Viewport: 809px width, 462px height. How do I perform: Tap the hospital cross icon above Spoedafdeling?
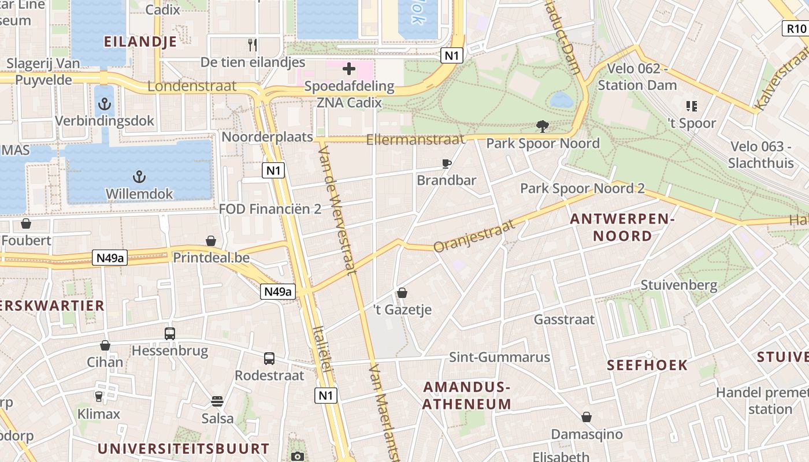point(349,69)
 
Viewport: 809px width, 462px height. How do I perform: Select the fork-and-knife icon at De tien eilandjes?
point(253,44)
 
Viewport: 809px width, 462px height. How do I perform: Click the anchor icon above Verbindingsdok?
point(105,104)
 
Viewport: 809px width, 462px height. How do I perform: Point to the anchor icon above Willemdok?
point(139,176)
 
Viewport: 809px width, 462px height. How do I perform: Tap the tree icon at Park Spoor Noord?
point(542,126)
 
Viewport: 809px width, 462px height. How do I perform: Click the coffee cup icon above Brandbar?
point(447,163)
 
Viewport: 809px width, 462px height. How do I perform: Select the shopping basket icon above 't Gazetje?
point(402,293)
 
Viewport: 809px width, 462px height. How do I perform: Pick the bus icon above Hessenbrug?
point(170,333)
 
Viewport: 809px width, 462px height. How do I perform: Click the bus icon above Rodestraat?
point(269,358)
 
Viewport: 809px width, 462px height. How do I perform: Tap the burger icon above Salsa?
point(218,401)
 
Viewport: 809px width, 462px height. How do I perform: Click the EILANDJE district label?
point(140,41)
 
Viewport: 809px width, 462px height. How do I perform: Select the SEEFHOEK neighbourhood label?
point(647,365)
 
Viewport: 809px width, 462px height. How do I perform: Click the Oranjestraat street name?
point(474,236)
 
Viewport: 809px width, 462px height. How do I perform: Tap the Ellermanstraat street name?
point(415,139)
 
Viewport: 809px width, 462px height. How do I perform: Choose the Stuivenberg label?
point(679,285)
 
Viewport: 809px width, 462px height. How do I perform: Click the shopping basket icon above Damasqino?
point(587,417)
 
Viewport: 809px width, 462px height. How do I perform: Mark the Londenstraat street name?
point(192,86)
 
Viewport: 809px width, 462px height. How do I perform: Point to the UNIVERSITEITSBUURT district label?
point(183,449)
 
